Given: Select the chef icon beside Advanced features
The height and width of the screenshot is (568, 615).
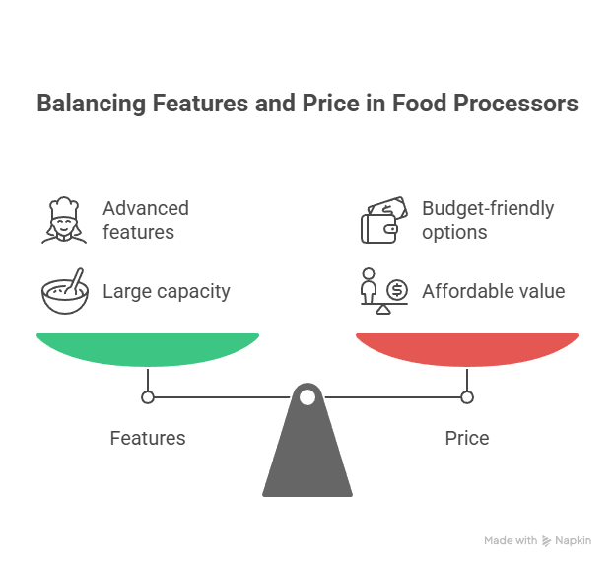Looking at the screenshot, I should pos(64,220).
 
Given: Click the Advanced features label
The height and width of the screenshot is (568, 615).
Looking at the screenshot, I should pos(146,220).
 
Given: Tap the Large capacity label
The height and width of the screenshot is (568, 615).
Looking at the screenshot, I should pos(167,291).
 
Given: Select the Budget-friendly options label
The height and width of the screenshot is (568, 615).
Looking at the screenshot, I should pos(488,220).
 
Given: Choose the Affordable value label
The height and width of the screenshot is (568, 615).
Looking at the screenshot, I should pos(493,291).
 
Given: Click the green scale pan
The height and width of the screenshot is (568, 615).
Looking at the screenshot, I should pos(148,348).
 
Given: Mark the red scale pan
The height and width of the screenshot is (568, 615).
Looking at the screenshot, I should pos(467,348).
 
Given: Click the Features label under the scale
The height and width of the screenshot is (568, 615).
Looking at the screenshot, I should pos(148,438).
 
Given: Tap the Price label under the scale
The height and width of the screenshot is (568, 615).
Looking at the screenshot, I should pos(467,438).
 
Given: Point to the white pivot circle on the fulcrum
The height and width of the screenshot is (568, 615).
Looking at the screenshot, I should pos(307,397).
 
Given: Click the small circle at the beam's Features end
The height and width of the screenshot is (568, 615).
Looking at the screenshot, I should pos(148,397).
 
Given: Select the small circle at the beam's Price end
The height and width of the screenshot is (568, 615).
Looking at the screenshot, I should pos(467,397).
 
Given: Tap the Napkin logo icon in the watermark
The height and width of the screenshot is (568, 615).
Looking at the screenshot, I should pos(547,540).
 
